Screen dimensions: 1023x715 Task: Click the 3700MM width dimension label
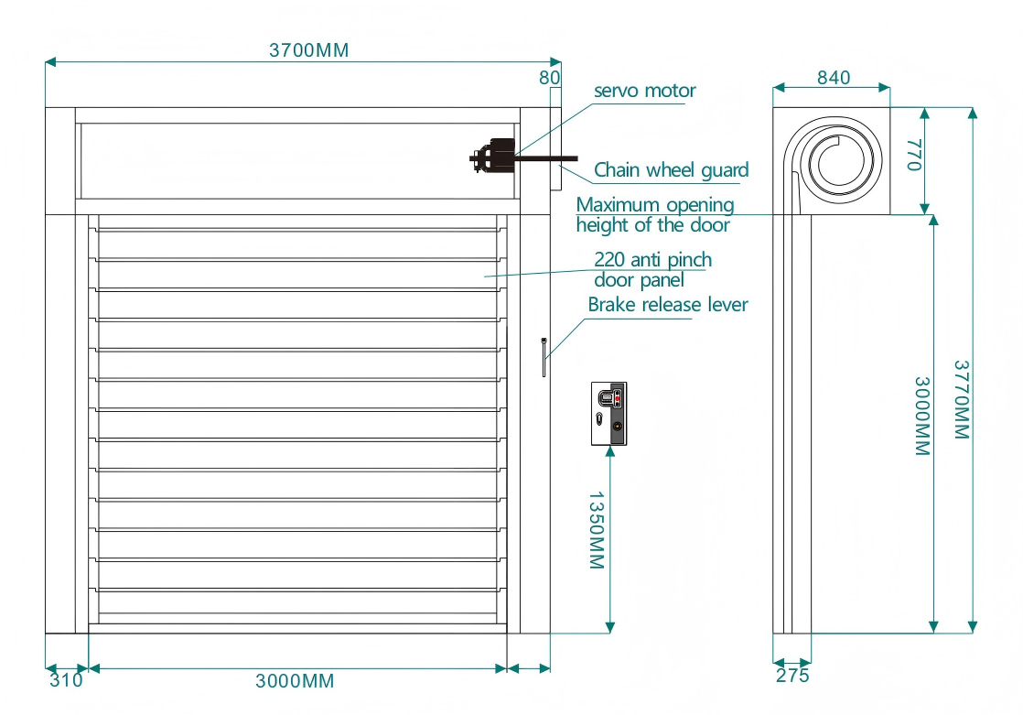pos(308,50)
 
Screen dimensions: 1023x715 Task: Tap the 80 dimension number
pos(549,78)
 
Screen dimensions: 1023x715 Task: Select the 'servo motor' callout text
pos(644,91)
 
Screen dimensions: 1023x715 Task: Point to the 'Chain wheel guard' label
pos(671,170)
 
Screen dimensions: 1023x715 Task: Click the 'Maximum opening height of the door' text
pos(655,215)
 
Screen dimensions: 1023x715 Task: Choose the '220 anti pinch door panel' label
pos(652,270)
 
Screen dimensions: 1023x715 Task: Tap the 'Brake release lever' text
pos(667,305)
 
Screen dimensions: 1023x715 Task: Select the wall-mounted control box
pos(608,413)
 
